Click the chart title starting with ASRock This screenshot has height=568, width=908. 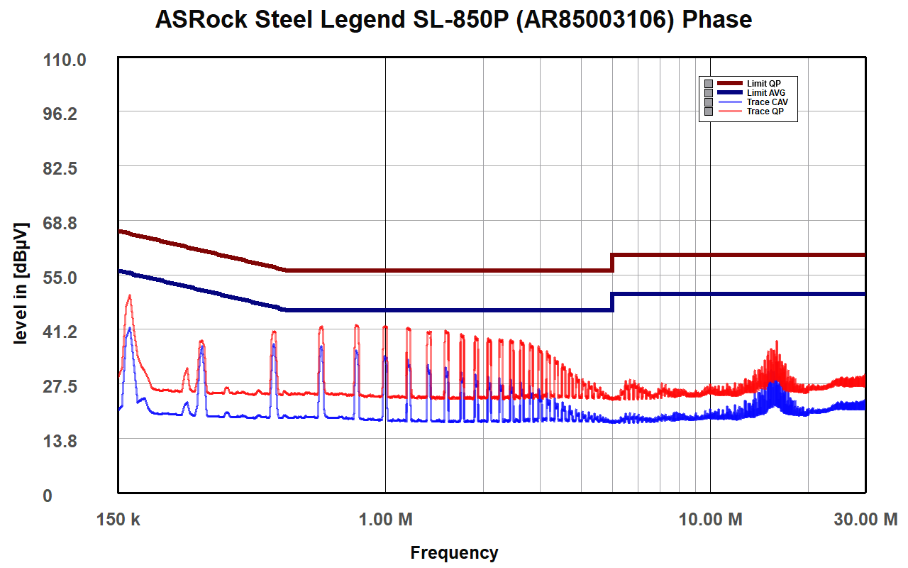(453, 19)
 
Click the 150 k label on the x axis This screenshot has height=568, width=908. (118, 520)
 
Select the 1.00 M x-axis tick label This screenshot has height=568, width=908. (386, 520)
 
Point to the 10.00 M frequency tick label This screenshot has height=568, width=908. (711, 520)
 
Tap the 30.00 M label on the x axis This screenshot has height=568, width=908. (865, 520)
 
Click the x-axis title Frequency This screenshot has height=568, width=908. (454, 552)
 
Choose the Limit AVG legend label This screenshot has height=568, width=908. (765, 93)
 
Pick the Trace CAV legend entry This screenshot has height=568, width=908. (767, 102)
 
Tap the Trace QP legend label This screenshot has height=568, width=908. (765, 111)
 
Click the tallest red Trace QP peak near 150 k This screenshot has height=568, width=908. (129, 295)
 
